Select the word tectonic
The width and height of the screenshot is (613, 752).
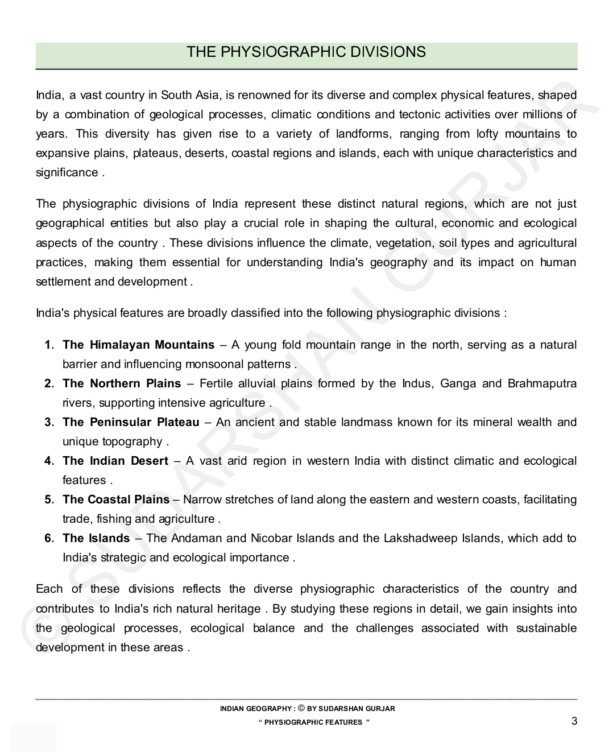420,114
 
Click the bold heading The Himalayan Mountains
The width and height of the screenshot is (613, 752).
138,345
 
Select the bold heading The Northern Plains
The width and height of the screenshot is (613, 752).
122,383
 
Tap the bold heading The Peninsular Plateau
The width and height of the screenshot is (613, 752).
131,422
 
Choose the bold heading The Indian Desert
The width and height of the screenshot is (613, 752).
115,461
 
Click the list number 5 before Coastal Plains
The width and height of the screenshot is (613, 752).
49,499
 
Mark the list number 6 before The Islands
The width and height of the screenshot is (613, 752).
49,538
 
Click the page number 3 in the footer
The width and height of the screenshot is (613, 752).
574,721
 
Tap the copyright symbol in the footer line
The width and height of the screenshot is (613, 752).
301,708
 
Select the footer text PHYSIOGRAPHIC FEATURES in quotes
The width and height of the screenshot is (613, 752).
313,722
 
